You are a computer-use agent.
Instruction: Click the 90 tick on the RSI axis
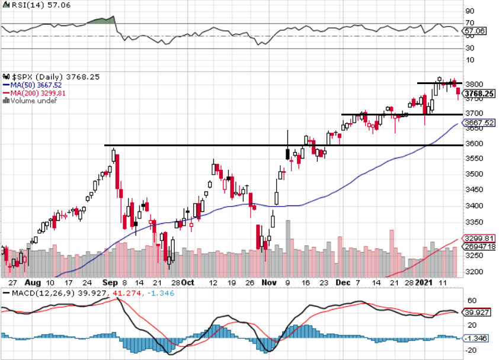(x=471, y=11)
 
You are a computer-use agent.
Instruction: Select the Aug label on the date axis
(x=33, y=282)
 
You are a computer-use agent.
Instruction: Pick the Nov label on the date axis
(x=269, y=282)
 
